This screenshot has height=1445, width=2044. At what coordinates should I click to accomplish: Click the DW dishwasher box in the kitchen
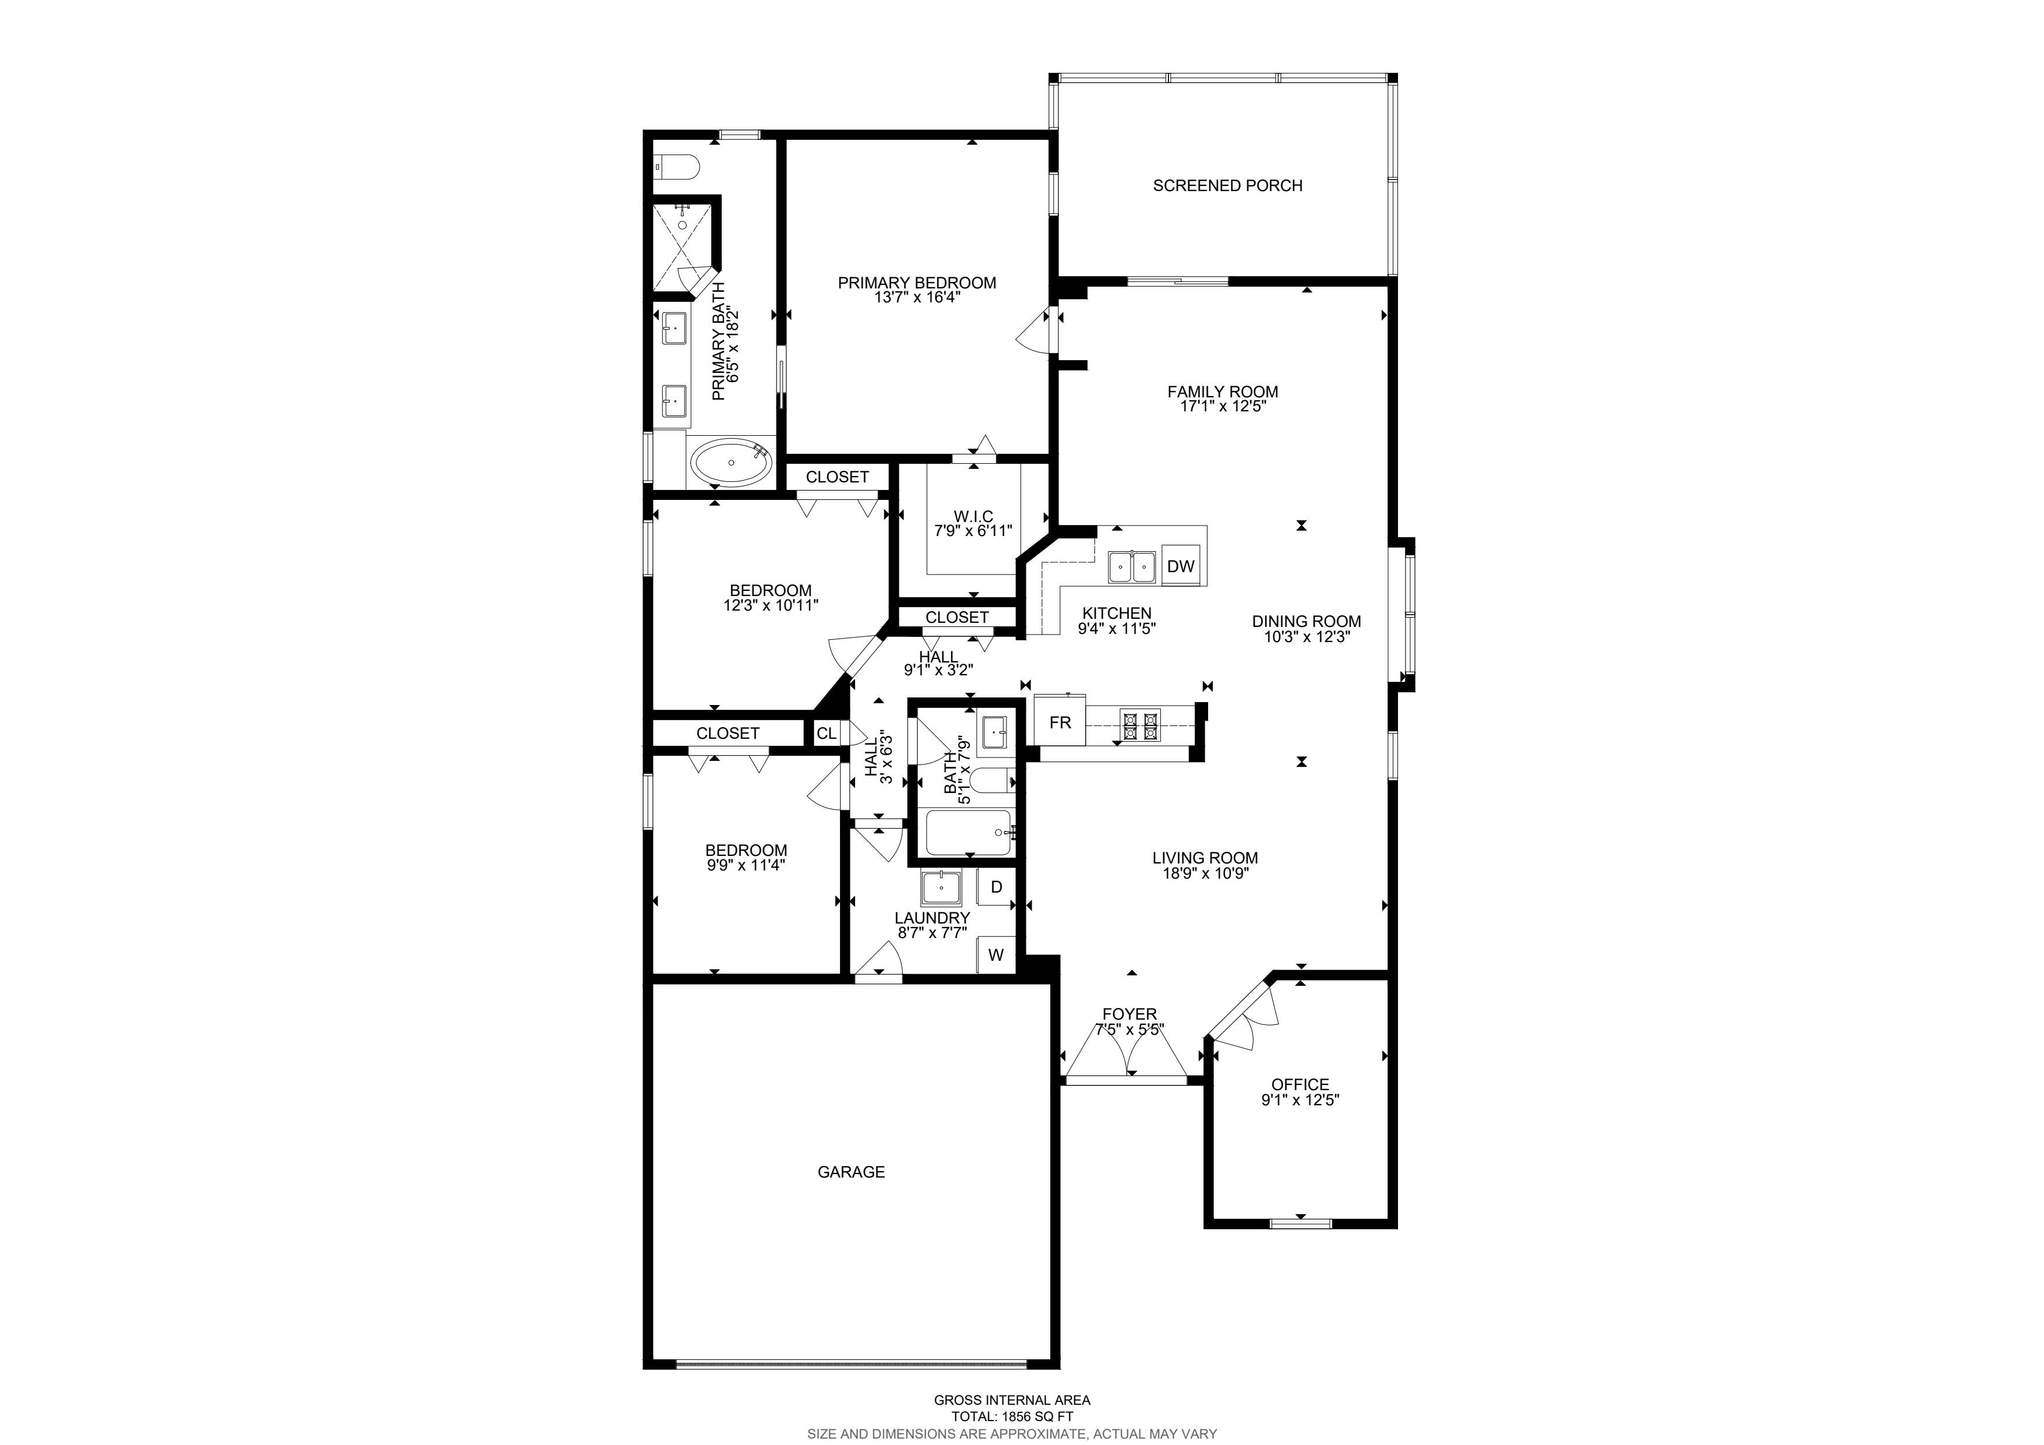click(x=1181, y=566)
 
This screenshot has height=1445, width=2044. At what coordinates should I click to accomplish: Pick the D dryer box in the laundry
click(x=996, y=887)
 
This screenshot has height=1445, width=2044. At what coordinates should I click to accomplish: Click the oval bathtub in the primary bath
click(x=732, y=463)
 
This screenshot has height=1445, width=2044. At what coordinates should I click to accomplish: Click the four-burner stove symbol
click(x=1141, y=725)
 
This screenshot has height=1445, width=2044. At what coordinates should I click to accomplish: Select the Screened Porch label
click(x=1228, y=185)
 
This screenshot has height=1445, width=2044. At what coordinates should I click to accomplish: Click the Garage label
click(x=851, y=1172)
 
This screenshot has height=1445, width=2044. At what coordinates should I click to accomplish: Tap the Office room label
click(x=1300, y=1084)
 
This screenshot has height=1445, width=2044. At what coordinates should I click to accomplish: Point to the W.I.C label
click(x=973, y=516)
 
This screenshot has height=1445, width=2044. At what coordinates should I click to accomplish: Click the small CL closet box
click(x=826, y=733)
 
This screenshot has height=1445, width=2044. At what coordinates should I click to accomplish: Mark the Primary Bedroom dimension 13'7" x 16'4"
click(x=917, y=297)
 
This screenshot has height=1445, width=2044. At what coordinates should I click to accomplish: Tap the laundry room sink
click(x=941, y=887)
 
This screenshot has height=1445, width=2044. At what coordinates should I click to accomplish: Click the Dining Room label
click(x=1306, y=622)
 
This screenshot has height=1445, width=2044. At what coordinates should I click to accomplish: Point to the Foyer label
click(x=1129, y=1014)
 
